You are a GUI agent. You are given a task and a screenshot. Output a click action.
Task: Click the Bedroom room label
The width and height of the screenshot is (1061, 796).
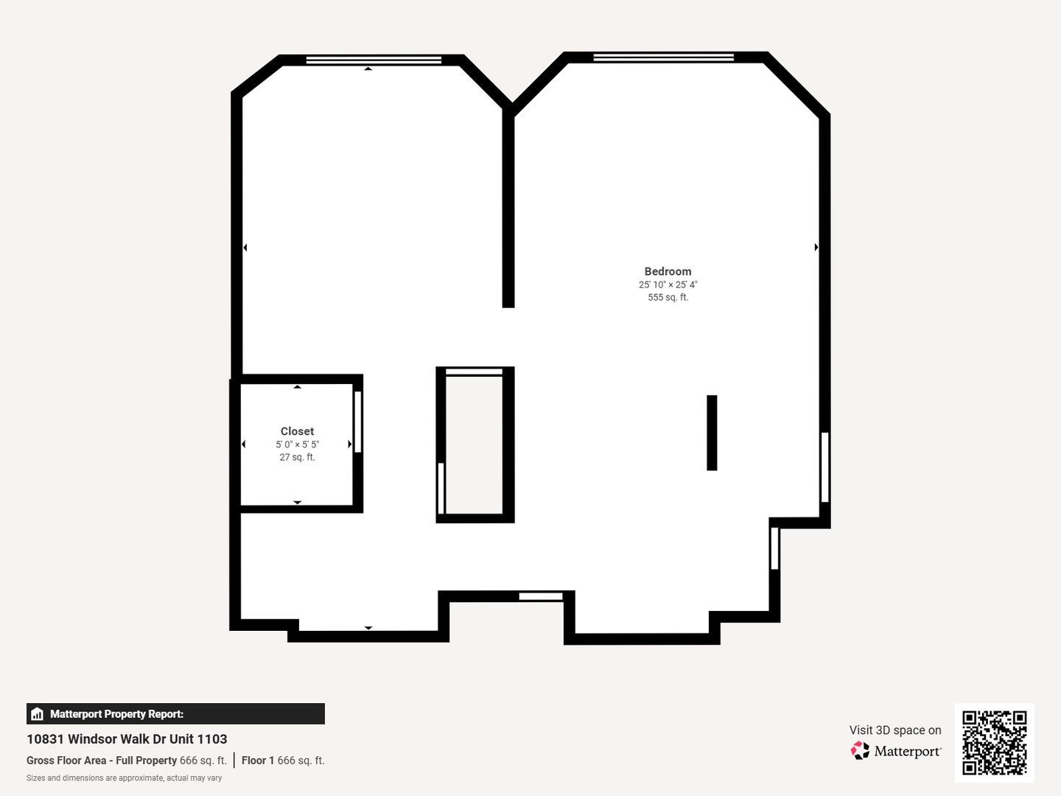[x=668, y=271]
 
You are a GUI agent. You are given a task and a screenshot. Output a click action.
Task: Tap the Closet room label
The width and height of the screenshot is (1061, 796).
[x=297, y=431]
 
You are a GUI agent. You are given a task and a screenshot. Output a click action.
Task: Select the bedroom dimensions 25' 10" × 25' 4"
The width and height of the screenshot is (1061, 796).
[x=668, y=284]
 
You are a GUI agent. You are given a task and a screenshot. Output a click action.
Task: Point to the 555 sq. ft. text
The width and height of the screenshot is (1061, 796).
[x=668, y=297]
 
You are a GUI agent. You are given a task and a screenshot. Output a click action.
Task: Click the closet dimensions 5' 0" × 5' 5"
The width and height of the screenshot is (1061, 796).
[x=297, y=444]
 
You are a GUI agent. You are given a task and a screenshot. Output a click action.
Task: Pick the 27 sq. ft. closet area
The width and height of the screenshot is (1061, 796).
[x=297, y=457]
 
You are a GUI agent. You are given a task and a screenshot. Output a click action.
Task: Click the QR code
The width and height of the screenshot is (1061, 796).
[x=994, y=742]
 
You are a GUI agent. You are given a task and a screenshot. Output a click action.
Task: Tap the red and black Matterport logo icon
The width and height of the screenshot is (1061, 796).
[x=859, y=750]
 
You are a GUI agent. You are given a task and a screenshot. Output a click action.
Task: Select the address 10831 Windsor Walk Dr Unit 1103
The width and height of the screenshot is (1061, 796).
[x=127, y=739]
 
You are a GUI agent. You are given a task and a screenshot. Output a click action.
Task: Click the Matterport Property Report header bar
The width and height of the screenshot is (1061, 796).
[x=175, y=714]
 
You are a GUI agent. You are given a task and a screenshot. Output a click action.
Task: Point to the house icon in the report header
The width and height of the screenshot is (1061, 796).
[x=38, y=714]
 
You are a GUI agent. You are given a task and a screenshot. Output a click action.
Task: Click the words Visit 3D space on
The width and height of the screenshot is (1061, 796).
[x=895, y=730]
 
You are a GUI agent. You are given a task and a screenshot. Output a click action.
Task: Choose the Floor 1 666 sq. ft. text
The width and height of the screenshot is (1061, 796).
[x=283, y=760]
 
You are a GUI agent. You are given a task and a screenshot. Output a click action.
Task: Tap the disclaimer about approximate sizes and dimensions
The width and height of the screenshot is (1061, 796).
[x=124, y=778]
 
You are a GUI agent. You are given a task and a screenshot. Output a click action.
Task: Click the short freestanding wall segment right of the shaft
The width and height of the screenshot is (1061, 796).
[x=712, y=433]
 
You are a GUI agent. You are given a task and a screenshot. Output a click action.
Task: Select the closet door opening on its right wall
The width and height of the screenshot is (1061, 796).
[x=357, y=422]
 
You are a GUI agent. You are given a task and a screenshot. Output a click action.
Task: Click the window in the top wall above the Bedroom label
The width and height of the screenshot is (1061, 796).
[x=663, y=57]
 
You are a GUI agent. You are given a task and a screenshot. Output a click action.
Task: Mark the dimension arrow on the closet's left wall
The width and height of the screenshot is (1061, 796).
[x=243, y=444]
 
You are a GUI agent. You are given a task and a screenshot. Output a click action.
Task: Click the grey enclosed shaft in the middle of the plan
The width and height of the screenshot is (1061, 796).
[x=474, y=445]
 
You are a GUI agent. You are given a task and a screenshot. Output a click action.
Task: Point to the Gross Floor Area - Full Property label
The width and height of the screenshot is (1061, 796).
[x=102, y=760]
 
